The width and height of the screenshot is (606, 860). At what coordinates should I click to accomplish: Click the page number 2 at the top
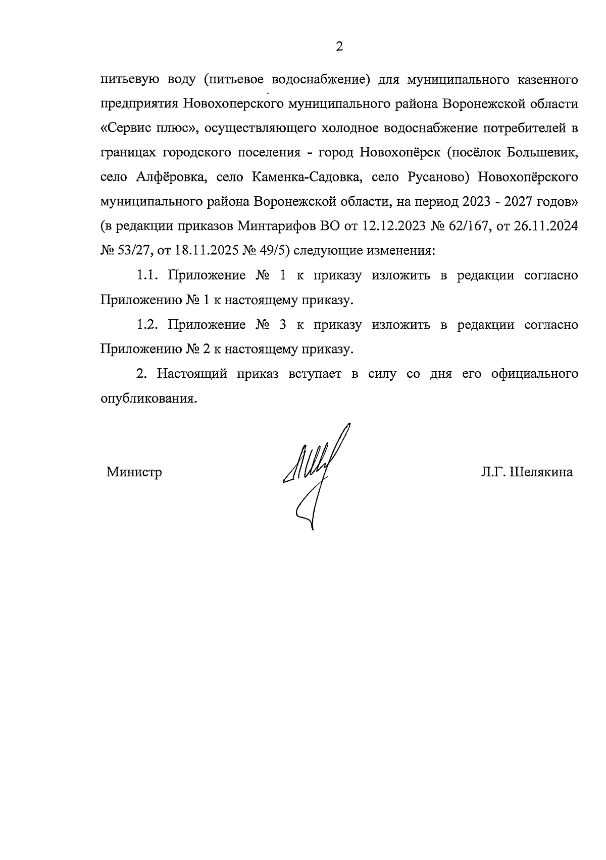click(339, 47)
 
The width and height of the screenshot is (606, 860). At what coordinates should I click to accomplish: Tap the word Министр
click(134, 473)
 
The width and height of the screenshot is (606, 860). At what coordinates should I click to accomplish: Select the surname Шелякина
click(541, 473)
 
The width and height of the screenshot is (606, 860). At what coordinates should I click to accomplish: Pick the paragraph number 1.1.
click(147, 276)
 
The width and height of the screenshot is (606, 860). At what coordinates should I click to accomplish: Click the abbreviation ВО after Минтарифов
click(330, 226)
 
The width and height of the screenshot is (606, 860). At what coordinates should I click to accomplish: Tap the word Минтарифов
click(276, 226)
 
